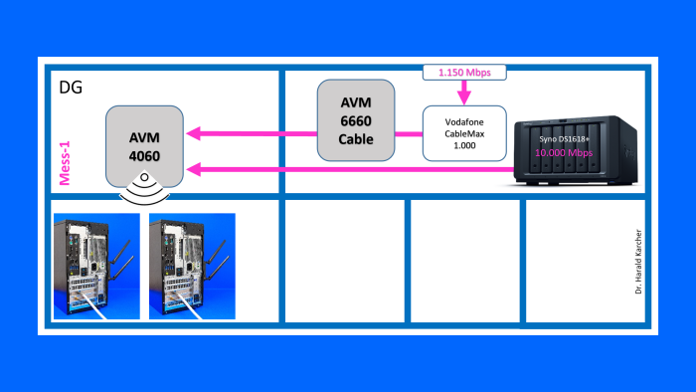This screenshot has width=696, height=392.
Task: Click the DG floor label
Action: tap(71, 89)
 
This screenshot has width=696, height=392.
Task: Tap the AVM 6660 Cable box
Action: tap(354, 120)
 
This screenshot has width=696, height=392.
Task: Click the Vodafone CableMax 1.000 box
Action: tap(463, 133)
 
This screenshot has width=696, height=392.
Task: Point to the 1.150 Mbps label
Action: tap(464, 73)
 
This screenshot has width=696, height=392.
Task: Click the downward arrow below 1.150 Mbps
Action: tap(464, 93)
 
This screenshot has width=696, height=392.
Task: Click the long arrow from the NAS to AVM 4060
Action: tap(348, 170)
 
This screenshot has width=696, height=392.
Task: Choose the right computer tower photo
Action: tap(192, 266)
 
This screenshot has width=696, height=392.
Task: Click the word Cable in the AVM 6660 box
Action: tap(354, 138)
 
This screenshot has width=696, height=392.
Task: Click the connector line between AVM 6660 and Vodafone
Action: tap(407, 133)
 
